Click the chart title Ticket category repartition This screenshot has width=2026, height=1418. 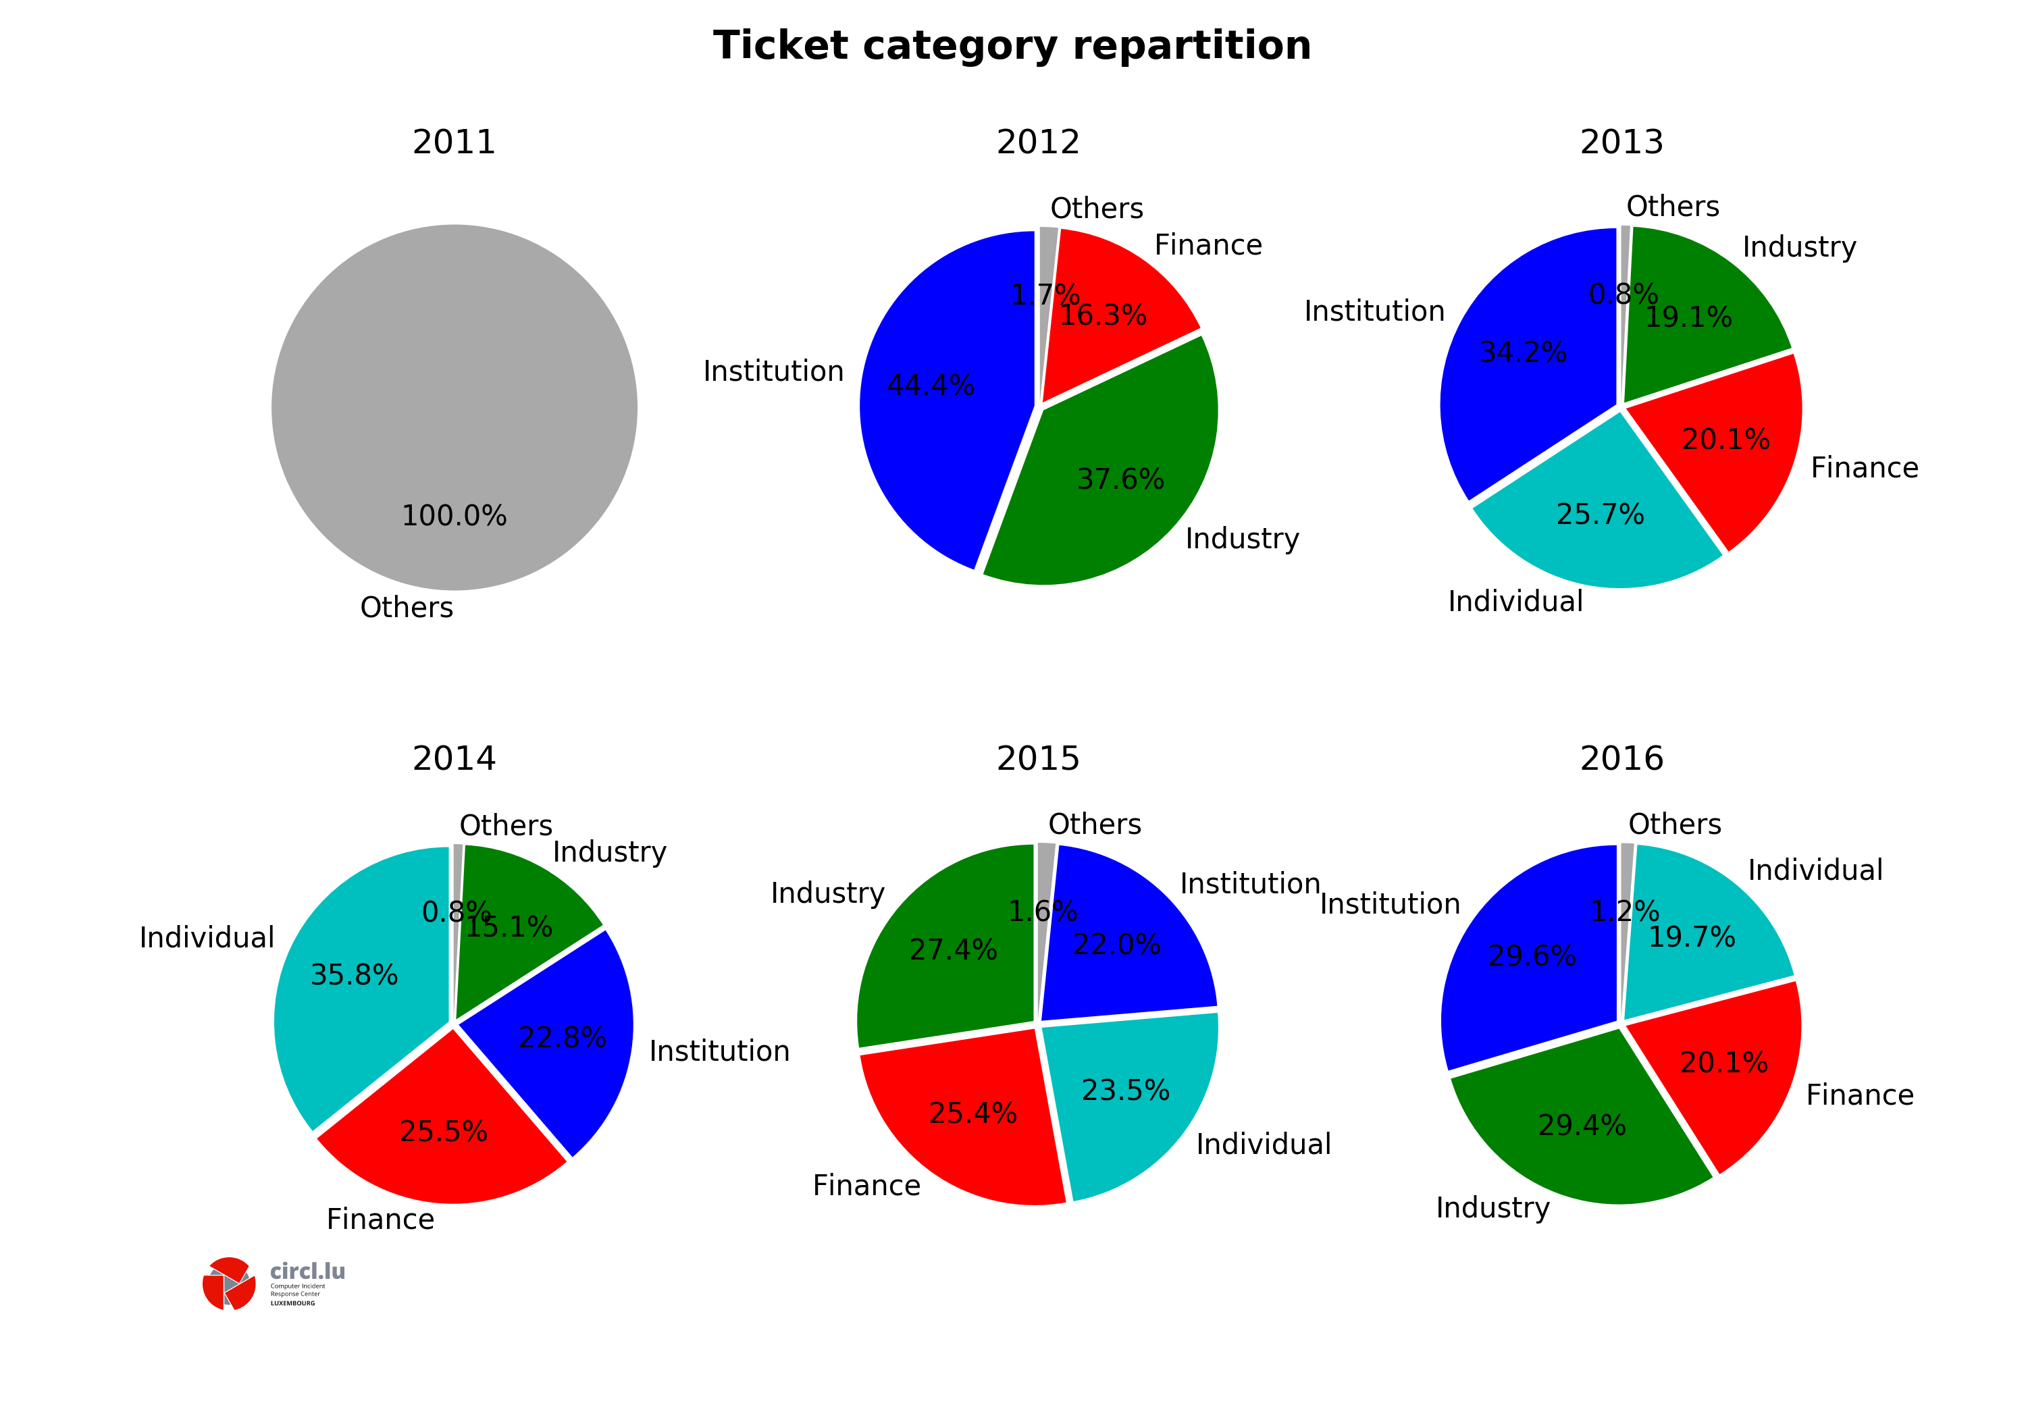coord(1012,46)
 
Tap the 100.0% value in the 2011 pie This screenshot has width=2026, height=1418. coord(454,515)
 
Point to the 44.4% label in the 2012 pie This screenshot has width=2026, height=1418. coord(931,386)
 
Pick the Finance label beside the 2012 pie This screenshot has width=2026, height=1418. coord(1208,245)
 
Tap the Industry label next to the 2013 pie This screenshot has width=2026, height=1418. coord(1799,247)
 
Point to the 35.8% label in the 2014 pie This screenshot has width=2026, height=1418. coord(354,975)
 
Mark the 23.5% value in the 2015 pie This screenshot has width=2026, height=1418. coord(1126,1091)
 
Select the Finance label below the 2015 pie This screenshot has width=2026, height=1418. coord(866,1185)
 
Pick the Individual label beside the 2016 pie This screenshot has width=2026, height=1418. coord(1815,870)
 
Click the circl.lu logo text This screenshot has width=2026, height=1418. coord(307,1271)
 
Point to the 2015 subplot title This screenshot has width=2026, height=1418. coord(1038,759)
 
